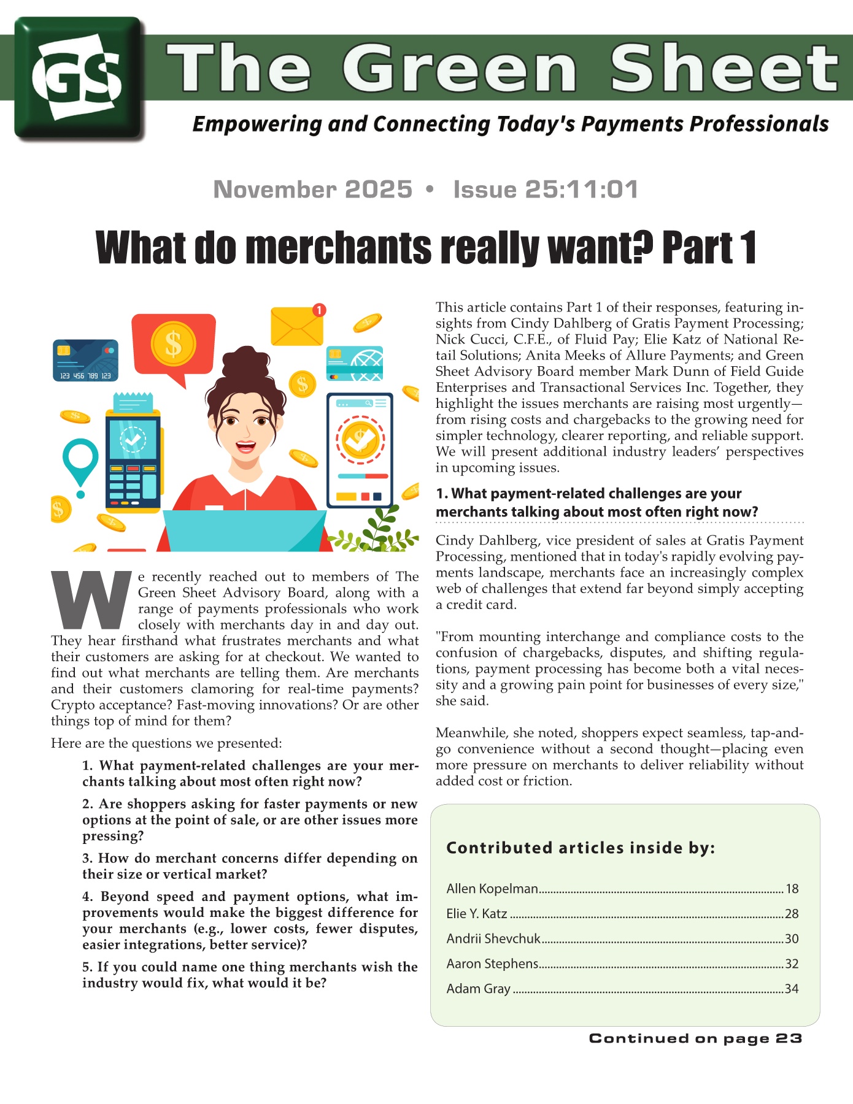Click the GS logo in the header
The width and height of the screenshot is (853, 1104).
pyautogui.click(x=79, y=78)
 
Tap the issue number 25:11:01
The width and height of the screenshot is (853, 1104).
pyautogui.click(x=581, y=190)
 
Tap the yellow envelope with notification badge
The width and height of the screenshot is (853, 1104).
pyautogui.click(x=296, y=326)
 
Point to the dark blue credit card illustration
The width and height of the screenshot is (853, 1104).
pyautogui.click(x=85, y=361)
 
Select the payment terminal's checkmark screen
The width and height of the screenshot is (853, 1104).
pyautogui.click(x=133, y=439)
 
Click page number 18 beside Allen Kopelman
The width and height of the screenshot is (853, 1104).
pyautogui.click(x=792, y=889)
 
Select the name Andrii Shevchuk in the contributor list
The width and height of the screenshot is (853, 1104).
pyautogui.click(x=493, y=938)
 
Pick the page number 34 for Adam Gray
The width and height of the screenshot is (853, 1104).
pyautogui.click(x=792, y=989)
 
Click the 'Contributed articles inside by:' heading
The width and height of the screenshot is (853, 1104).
pyautogui.click(x=581, y=848)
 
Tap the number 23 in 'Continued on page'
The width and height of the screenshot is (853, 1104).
pyautogui.click(x=789, y=1038)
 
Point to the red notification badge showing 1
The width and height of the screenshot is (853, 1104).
pyautogui.click(x=318, y=310)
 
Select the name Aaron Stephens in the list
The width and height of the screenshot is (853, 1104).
pyautogui.click(x=492, y=964)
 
